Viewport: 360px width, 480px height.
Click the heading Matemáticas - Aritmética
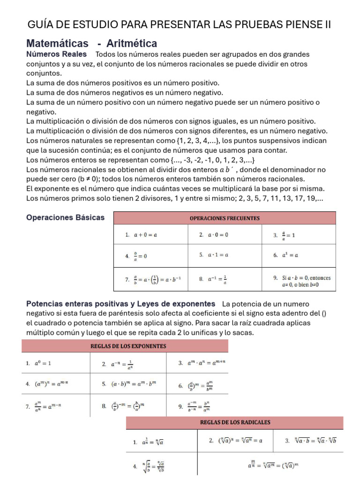91,44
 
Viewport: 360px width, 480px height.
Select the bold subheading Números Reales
56,54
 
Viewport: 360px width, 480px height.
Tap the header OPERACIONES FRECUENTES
225,218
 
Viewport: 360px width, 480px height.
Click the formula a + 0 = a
145,235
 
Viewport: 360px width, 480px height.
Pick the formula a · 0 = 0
218,235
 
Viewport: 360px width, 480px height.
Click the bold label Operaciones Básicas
65,218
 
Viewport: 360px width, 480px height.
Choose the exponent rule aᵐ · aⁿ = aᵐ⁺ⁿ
206,363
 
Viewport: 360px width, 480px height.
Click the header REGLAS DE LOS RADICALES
235,422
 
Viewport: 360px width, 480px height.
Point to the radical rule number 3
315,441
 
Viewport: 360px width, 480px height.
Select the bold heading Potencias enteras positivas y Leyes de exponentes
120,304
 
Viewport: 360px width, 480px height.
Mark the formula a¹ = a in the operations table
290,255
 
